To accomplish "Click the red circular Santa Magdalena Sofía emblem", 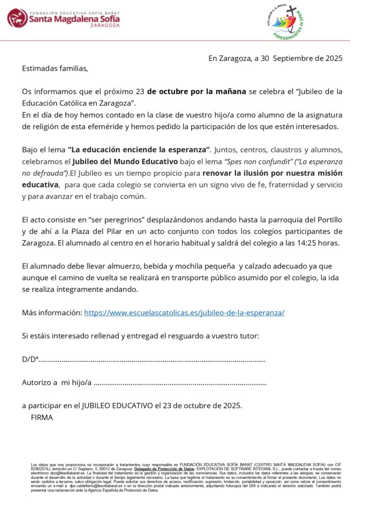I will tap(17, 18).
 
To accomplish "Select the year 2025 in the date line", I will tap(332, 58).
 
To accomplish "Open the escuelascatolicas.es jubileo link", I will tap(184, 312).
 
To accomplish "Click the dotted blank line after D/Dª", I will tap(152, 359).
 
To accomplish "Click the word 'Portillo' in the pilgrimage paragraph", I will tap(328, 219).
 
